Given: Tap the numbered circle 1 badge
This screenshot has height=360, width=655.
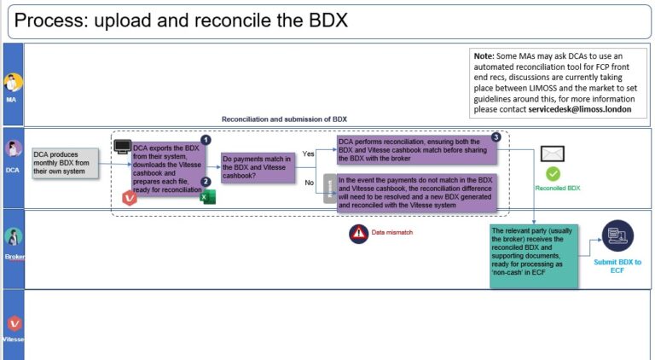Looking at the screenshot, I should [x=205, y=139].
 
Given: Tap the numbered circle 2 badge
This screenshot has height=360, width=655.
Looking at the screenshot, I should [x=205, y=182].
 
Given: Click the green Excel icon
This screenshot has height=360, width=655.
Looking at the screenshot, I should [x=207, y=197].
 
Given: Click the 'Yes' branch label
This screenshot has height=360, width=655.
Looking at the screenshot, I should [x=309, y=154].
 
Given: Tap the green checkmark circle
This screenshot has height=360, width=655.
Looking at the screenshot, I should [x=554, y=173].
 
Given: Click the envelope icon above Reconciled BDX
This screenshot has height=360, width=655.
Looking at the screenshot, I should [x=554, y=154].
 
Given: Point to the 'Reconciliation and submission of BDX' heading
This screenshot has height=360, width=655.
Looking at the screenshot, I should [x=284, y=119].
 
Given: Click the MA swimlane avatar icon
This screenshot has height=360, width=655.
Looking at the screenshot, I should [x=13, y=83].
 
